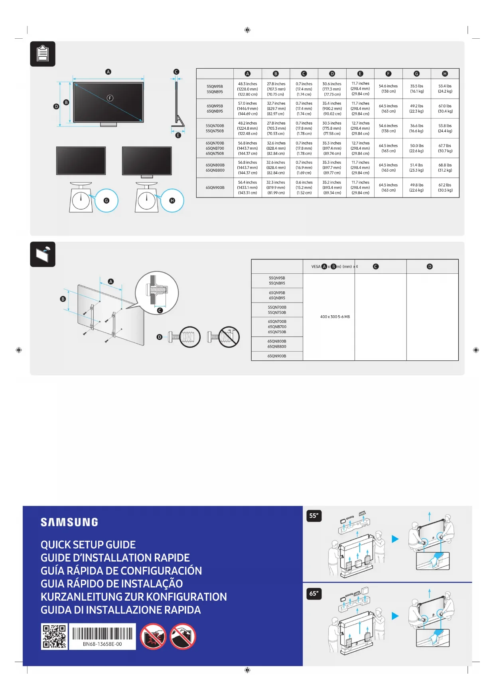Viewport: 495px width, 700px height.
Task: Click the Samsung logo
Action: click(69, 522)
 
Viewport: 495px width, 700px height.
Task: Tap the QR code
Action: click(54, 637)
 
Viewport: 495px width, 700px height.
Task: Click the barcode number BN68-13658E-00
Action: click(102, 644)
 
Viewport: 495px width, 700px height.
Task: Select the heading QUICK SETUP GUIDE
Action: click(88, 545)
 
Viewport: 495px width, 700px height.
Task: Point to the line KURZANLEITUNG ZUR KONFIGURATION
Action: click(134, 597)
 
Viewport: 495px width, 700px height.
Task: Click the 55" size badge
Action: click(314, 516)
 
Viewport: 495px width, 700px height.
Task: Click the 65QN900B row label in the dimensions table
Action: click(215, 188)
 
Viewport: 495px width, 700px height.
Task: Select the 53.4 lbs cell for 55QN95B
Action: click(445, 89)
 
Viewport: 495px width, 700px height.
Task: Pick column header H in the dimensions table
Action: click(445, 73)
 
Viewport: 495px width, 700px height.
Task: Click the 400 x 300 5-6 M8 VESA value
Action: click(335, 317)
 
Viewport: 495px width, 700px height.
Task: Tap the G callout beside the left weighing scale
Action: click(106, 200)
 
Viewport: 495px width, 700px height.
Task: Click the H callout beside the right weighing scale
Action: click(172, 200)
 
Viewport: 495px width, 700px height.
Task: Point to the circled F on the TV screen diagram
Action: click(110, 98)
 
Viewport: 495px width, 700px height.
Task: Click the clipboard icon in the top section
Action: click(43, 54)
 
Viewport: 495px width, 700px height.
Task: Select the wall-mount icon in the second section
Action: click(43, 254)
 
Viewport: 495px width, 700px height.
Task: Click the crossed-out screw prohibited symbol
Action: click(229, 337)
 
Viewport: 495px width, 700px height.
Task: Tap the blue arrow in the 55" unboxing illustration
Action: click(395, 539)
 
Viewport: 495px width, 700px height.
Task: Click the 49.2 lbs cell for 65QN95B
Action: click(416, 109)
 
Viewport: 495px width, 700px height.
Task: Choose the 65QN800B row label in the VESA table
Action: click(277, 344)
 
